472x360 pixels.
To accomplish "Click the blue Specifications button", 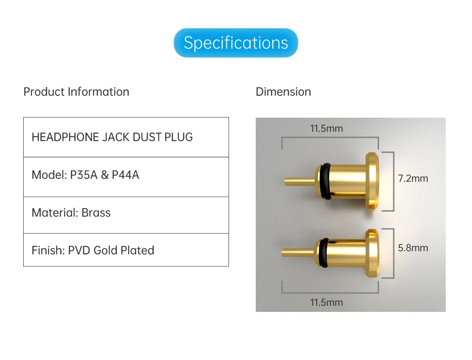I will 236,43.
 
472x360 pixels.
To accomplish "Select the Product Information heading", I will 76,92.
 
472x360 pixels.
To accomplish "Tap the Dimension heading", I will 283,92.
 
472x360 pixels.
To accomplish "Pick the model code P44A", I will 125,175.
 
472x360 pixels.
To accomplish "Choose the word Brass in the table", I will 96,213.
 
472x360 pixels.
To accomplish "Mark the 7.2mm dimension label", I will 413,178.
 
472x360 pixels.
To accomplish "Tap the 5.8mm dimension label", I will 413,248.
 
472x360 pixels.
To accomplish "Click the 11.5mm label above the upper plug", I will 327,129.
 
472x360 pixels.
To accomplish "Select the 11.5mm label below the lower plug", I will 327,302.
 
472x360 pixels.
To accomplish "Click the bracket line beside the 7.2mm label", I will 394,181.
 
